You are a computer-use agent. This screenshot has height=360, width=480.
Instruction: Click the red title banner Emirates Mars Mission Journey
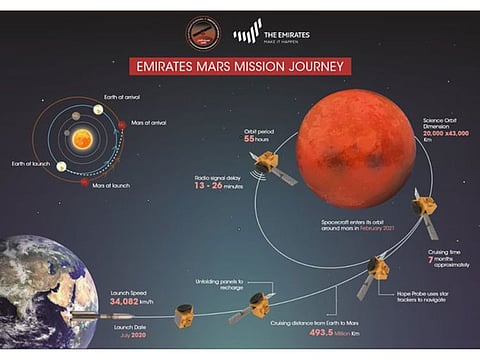[240, 66]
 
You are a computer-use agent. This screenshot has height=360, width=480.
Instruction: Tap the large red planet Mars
[356, 148]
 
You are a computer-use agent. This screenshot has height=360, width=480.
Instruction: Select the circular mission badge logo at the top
[201, 33]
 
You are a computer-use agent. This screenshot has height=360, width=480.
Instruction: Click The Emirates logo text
[285, 33]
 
